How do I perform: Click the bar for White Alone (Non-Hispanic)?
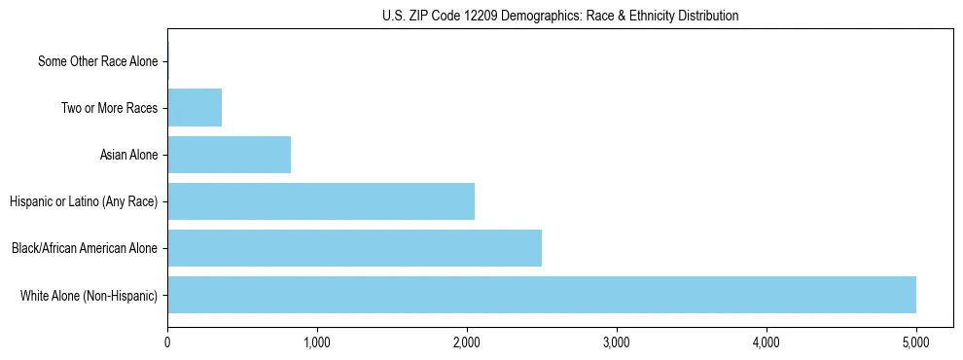pos(542,295)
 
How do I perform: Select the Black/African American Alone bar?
pos(354,248)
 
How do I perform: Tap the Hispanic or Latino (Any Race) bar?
pos(321,201)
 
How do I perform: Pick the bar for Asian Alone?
pos(229,155)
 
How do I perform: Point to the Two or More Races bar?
pos(195,108)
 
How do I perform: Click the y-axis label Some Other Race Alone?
pos(97,61)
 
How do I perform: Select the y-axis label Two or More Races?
pos(109,108)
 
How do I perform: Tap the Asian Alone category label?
pos(128,155)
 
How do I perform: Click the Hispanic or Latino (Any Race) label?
pos(84,201)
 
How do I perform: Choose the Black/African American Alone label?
pos(85,248)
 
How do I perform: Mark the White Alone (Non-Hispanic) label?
pos(89,295)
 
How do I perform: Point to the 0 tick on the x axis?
pos(167,342)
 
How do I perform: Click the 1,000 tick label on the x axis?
pos(317,342)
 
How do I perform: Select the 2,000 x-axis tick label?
pos(467,342)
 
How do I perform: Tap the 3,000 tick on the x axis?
pos(617,342)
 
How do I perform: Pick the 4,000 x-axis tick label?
pos(767,342)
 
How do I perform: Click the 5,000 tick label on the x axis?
pos(916,342)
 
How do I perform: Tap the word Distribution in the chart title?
pos(705,16)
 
